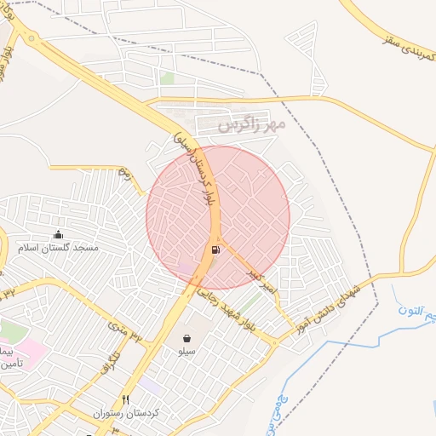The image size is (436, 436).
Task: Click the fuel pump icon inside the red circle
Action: pos(215,250)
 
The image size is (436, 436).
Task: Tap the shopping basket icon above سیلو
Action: pos(186,338)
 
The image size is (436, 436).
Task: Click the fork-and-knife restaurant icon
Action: pos(126,399)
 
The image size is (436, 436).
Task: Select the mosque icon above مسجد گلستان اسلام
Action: pos(58,235)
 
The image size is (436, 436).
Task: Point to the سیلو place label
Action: pos(186,351)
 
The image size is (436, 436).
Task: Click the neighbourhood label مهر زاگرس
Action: pos(250,125)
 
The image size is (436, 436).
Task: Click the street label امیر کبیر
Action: pos(263,284)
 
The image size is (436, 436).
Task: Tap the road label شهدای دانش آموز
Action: pos(329,309)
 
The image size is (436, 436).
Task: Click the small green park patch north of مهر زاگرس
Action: pos(168,78)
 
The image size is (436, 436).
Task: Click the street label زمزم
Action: pos(125,175)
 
